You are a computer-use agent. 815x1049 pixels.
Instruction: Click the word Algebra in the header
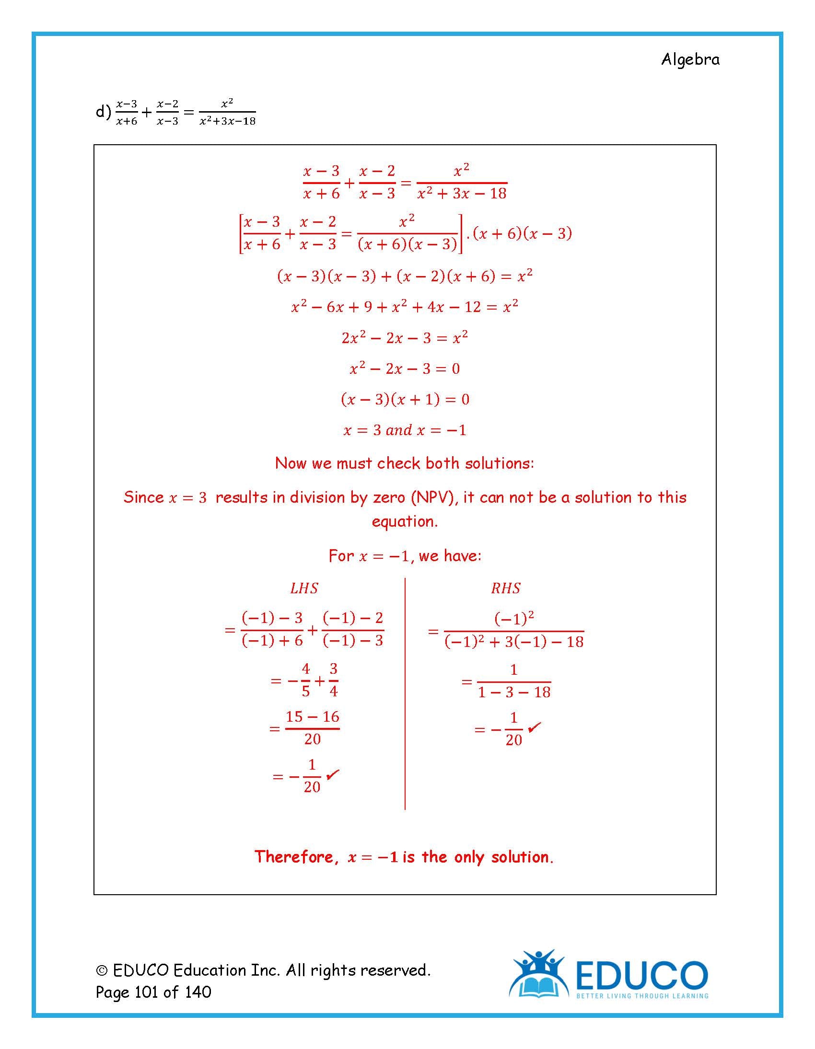pos(690,59)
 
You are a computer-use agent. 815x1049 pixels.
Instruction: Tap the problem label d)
pos(104,112)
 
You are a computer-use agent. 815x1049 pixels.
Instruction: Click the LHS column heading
pos(304,588)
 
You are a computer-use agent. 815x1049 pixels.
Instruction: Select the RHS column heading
pos(505,588)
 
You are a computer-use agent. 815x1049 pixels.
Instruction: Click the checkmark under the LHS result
pos(333,774)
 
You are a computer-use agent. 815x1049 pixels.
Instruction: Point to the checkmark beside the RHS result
pos(534,727)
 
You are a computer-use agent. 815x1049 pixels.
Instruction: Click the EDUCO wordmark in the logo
pos(641,975)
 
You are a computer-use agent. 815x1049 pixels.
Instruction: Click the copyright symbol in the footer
pos(102,971)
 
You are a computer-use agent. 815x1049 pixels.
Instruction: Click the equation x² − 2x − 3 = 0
pos(405,369)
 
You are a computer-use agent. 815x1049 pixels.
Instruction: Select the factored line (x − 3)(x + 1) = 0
pos(405,399)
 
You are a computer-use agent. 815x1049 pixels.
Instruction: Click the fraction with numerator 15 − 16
pos(313,727)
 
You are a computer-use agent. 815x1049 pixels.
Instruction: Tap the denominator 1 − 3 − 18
pos(514,692)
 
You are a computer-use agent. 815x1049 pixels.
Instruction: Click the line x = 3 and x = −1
pos(405,430)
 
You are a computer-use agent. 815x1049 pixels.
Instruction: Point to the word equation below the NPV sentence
pos(405,521)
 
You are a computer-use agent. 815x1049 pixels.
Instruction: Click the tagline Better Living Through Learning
pos(642,996)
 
